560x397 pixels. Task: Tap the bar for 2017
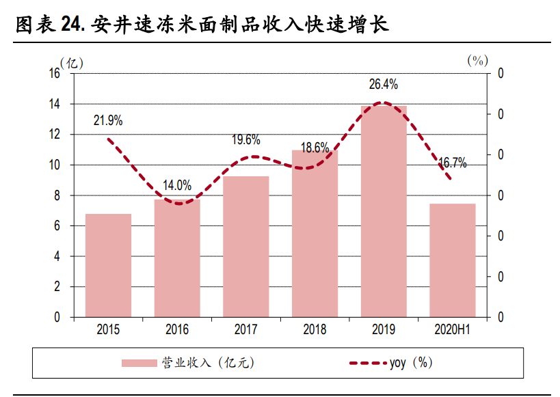click(246, 247)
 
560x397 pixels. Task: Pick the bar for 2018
click(315, 234)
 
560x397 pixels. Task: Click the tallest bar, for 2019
click(384, 211)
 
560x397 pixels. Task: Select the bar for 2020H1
click(452, 260)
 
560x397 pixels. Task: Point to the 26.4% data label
click(383, 85)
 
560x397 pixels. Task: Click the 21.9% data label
click(108, 121)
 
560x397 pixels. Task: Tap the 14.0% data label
click(177, 185)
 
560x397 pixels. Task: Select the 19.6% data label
click(245, 140)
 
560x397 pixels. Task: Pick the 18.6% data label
click(315, 148)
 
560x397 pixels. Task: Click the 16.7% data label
click(452, 163)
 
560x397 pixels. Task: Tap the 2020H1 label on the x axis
click(452, 329)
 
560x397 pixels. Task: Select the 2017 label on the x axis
click(245, 329)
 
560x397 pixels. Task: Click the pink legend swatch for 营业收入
click(139, 363)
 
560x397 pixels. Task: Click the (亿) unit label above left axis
click(72, 63)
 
